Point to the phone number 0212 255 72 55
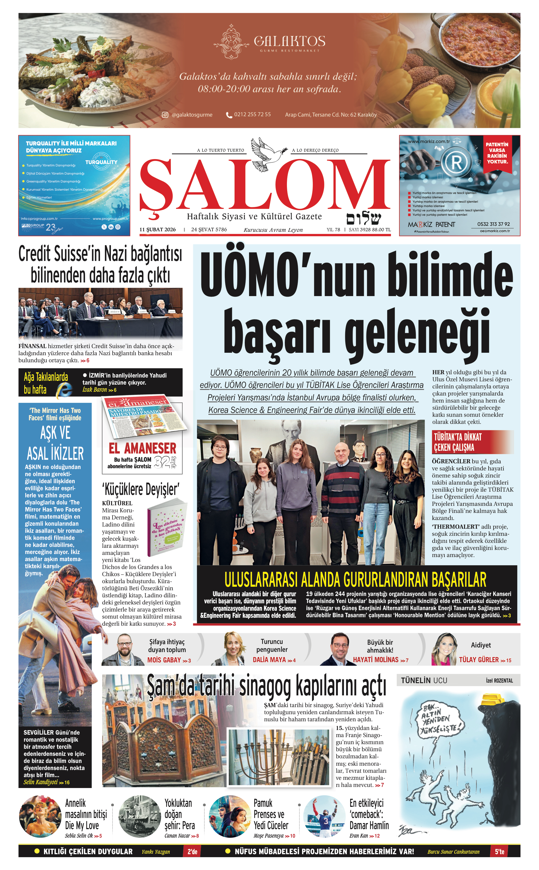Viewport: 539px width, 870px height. coord(252,115)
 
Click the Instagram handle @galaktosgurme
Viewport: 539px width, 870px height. coord(192,115)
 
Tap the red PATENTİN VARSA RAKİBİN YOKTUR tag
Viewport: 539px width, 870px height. coord(497,153)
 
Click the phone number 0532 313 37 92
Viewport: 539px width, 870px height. coord(493,224)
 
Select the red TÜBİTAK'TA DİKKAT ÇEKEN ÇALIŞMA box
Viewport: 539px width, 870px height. coord(473,442)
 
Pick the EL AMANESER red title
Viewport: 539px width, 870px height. coord(143,448)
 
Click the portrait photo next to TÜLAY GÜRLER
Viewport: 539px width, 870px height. coord(444,649)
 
